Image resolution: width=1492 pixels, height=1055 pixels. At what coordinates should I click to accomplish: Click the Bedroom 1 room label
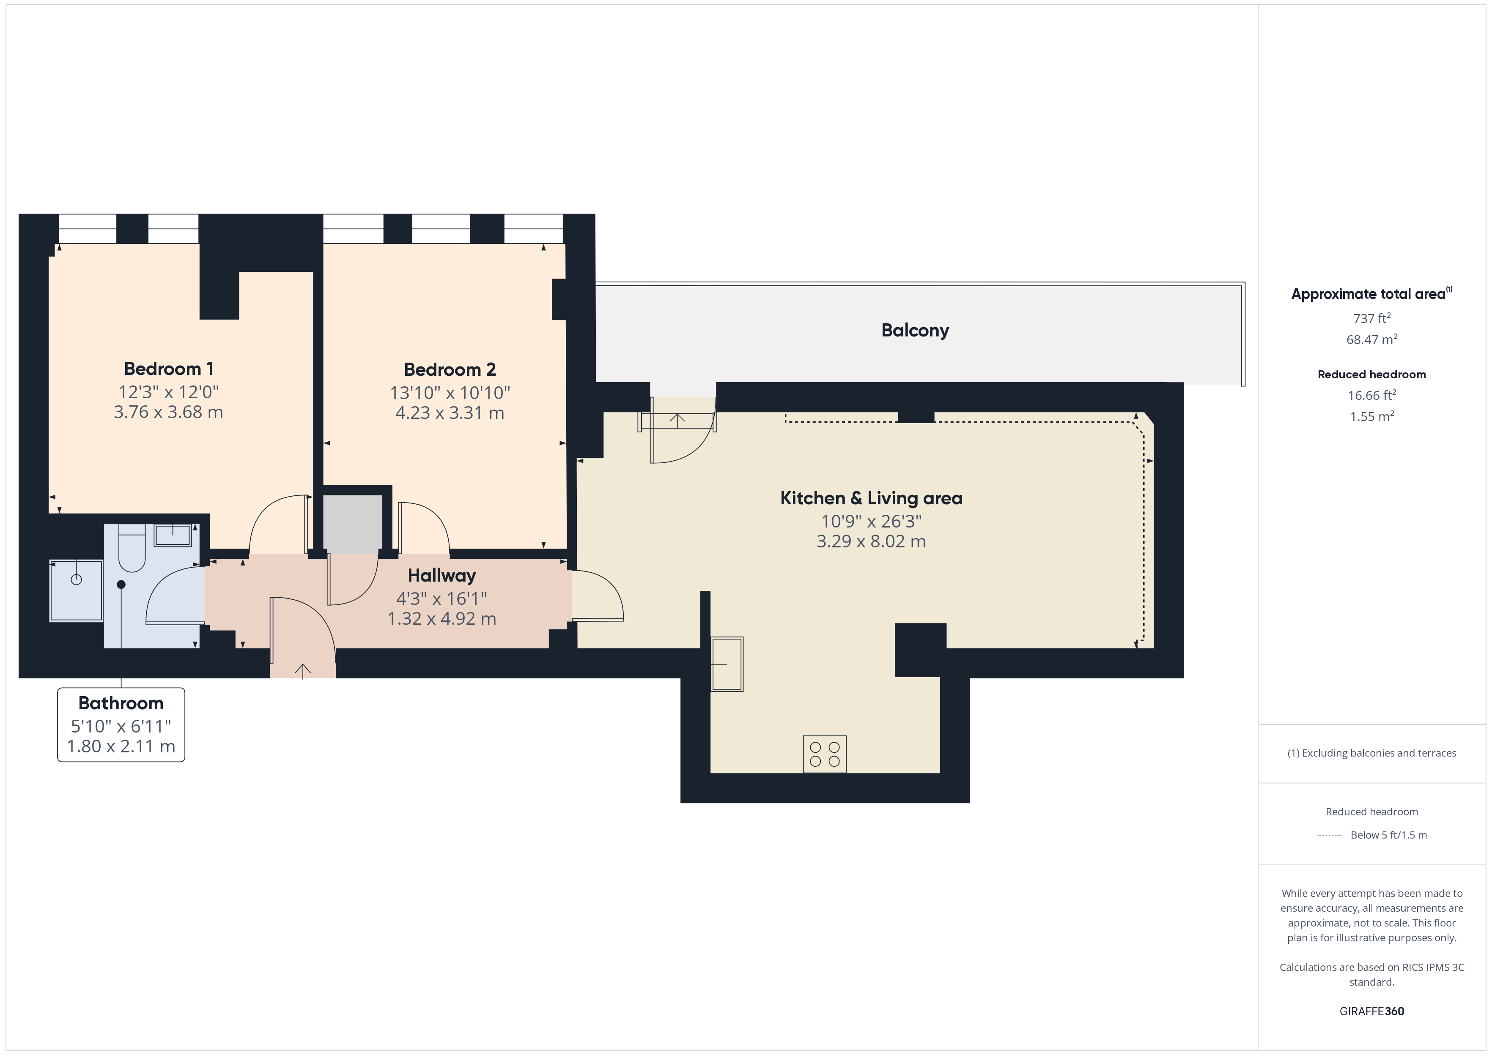coord(168,369)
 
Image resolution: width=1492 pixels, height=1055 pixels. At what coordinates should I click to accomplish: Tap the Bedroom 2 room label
coord(450,370)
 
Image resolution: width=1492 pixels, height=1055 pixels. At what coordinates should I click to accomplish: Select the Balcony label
coord(915,331)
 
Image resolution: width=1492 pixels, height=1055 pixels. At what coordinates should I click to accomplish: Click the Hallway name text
coord(442,576)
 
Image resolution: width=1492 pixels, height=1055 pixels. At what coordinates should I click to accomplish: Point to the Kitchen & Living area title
coord(871,498)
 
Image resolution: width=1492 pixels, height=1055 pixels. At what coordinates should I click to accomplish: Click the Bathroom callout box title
coord(121,703)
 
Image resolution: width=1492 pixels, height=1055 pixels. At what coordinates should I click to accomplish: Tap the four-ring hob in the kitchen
coord(825,754)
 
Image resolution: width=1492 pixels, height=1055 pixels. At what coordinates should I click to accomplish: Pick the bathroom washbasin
coord(172,535)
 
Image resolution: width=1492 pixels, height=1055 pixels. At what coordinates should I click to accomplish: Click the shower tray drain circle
coord(76,579)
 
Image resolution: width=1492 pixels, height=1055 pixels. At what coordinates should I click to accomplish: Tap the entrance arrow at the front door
coord(303,671)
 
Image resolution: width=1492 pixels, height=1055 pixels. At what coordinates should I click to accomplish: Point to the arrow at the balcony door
coord(677,420)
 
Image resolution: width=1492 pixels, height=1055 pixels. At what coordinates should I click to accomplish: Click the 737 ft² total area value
coord(1372,318)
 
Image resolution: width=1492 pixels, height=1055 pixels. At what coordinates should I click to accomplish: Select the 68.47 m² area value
coord(1372,339)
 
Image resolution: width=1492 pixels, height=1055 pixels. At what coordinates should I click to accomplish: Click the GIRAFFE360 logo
coord(1372,1011)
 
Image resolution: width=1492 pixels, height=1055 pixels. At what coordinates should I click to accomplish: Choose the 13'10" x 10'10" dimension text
coord(450,393)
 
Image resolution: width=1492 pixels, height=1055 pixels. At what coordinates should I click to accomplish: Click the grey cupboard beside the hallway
coord(352,524)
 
